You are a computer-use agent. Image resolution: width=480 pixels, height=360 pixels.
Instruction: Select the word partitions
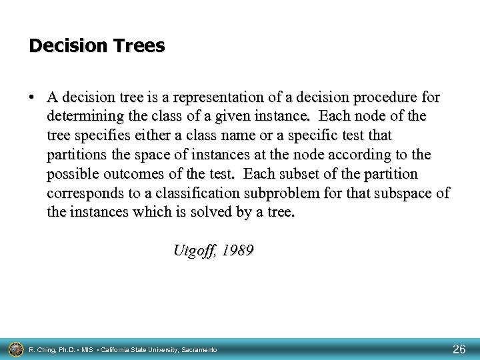coord(78,155)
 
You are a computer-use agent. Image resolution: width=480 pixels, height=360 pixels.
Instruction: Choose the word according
coord(359,155)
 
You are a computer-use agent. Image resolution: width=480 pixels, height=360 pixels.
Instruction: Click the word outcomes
coord(127,175)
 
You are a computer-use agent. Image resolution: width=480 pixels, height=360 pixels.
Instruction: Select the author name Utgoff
coord(193,251)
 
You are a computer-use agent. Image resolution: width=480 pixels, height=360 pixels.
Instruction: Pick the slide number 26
coord(459,348)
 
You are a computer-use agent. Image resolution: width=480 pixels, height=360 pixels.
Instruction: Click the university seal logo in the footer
coord(14,348)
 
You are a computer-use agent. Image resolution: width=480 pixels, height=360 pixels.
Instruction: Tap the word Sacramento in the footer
coord(197,349)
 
